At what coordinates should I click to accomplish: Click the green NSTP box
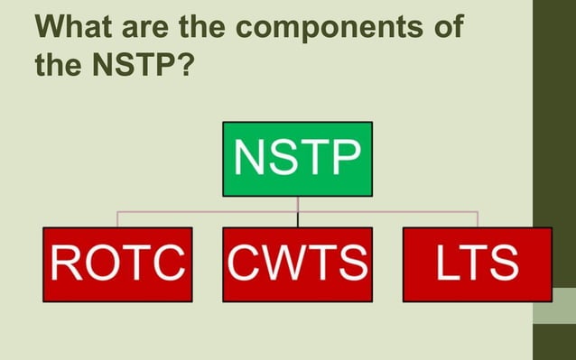[297, 159]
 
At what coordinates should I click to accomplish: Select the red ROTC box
[117, 263]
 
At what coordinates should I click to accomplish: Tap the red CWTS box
[297, 263]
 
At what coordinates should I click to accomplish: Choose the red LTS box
[477, 263]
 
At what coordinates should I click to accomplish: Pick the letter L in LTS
[446, 263]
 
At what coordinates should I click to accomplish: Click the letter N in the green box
[249, 159]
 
